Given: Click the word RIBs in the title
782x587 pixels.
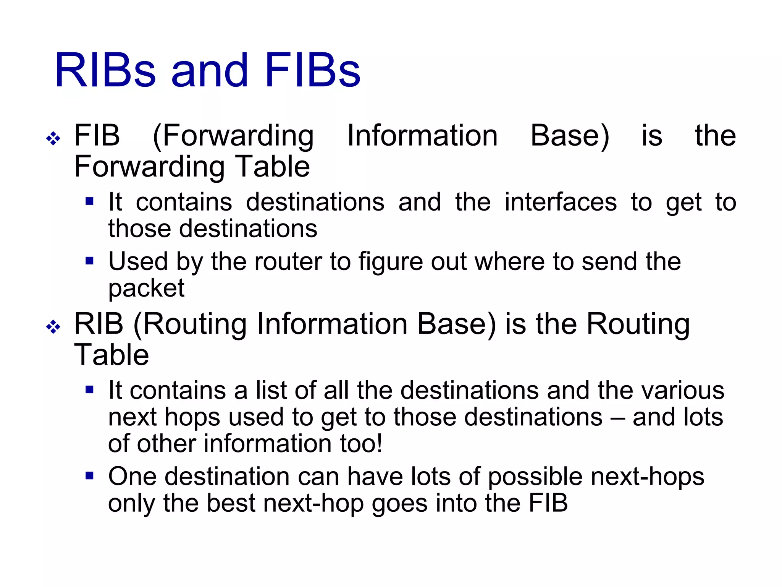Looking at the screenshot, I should [105, 71].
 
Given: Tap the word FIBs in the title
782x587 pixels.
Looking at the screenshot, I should [312, 71].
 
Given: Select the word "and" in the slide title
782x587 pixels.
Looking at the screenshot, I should [210, 71].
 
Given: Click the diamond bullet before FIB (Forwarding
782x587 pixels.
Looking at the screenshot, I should [53, 138].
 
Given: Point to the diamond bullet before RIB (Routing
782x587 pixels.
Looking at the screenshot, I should [53, 327].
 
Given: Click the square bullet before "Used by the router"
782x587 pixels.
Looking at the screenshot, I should [90, 261].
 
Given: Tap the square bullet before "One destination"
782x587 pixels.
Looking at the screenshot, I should [90, 476].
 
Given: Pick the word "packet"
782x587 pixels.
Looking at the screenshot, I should [146, 289].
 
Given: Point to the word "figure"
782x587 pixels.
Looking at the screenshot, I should [390, 263].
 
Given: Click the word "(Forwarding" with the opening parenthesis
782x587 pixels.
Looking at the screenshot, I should [233, 136].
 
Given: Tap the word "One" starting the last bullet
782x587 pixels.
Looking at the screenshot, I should [132, 477].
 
